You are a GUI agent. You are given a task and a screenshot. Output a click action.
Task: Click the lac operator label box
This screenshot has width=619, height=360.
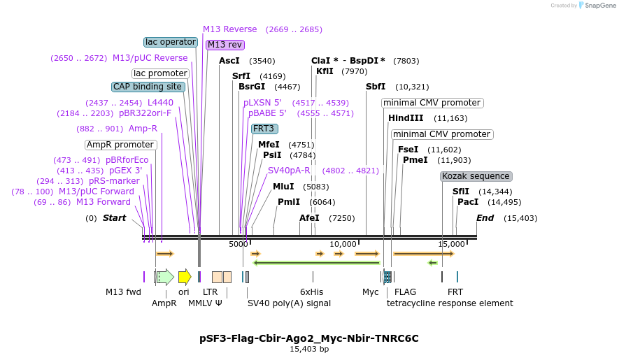click(x=171, y=42)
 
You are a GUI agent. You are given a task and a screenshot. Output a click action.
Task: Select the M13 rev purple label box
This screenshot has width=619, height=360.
click(x=225, y=45)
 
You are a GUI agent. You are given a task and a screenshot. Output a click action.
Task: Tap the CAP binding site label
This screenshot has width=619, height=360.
click(x=148, y=87)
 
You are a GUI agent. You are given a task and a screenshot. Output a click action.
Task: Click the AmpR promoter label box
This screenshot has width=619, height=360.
click(x=120, y=145)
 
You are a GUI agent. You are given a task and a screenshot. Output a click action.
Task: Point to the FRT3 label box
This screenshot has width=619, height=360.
click(x=264, y=129)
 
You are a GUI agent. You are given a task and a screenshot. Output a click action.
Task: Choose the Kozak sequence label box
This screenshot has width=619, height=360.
click(x=476, y=176)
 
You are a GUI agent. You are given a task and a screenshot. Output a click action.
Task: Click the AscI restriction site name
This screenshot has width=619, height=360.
click(x=229, y=61)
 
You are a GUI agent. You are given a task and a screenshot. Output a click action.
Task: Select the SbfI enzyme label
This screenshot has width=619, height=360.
click(x=376, y=87)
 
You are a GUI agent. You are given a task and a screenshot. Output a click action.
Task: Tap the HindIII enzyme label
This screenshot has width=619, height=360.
click(x=406, y=118)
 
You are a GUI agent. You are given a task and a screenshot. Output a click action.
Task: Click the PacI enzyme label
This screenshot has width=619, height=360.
click(x=467, y=202)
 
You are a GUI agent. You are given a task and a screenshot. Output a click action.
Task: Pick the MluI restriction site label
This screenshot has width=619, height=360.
click(x=283, y=187)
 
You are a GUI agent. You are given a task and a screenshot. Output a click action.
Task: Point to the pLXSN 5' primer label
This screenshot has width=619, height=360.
click(x=262, y=103)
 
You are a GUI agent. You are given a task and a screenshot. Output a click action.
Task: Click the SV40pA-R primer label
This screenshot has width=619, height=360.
click(x=289, y=170)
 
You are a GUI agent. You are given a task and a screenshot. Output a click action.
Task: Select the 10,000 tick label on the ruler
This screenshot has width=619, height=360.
click(x=343, y=244)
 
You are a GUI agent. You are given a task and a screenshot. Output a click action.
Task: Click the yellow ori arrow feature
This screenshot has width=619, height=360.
click(x=185, y=277)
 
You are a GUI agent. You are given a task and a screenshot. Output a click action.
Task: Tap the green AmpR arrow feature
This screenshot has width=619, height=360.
click(x=166, y=277)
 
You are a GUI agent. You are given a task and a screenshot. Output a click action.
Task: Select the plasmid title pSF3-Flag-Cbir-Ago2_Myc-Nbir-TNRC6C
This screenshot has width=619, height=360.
click(x=309, y=338)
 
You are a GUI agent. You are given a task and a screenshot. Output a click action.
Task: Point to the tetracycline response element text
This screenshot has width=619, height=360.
click(x=450, y=303)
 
